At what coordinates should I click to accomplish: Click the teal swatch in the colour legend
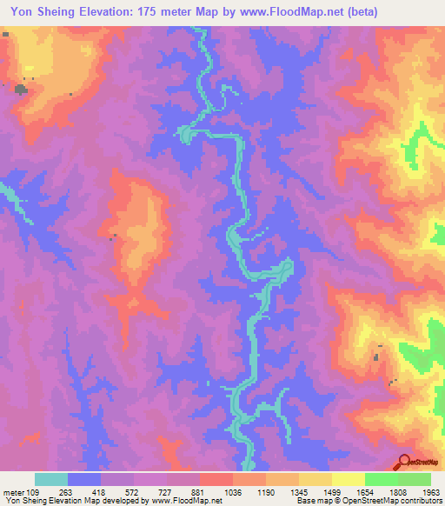point(51,479)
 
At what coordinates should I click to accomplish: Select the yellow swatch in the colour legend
point(349,479)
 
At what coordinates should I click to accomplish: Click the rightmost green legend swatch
point(415,479)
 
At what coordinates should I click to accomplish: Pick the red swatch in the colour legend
point(216,479)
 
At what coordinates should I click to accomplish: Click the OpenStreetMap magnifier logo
point(403,462)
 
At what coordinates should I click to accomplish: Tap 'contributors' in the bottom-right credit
point(416,501)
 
